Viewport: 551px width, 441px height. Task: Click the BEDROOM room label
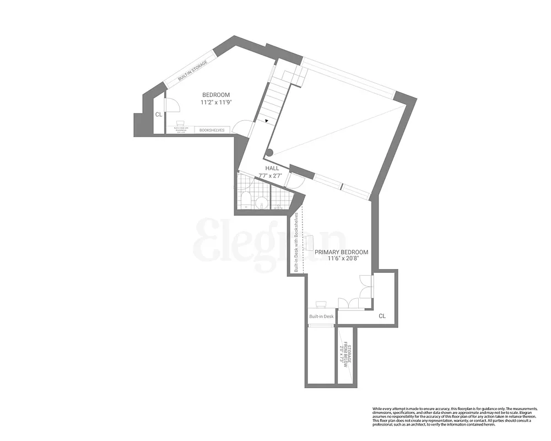coord(215,95)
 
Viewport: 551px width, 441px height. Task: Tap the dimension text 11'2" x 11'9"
coord(215,102)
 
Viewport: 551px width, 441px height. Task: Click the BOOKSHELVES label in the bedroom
coord(212,130)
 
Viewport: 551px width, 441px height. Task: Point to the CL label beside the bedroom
coord(159,115)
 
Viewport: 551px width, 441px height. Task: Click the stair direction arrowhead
coord(267,120)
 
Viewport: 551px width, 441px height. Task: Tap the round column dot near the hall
coord(269,153)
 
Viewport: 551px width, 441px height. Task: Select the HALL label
coord(272,169)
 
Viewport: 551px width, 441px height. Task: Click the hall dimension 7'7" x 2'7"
coord(271,176)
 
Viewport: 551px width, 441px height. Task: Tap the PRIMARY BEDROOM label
coord(341,252)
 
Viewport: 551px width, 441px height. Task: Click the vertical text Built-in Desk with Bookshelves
coord(296,243)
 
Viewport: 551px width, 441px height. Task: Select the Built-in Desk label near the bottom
coord(321,316)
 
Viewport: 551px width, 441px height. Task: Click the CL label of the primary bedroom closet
coord(382,316)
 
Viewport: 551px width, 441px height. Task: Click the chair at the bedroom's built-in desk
coord(180,123)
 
